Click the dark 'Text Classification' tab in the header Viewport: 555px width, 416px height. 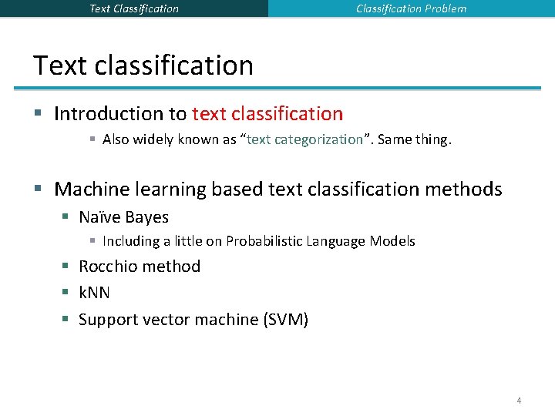tap(134, 8)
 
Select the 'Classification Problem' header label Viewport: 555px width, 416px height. tap(411, 8)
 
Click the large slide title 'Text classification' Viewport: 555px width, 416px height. tap(143, 65)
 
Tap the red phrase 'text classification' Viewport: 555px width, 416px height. tap(267, 114)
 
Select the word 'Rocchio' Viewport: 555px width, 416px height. tap(108, 267)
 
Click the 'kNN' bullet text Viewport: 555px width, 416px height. tap(94, 293)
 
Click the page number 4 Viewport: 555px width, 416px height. tap(519, 401)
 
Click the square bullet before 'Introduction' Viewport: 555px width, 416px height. tap(38, 114)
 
